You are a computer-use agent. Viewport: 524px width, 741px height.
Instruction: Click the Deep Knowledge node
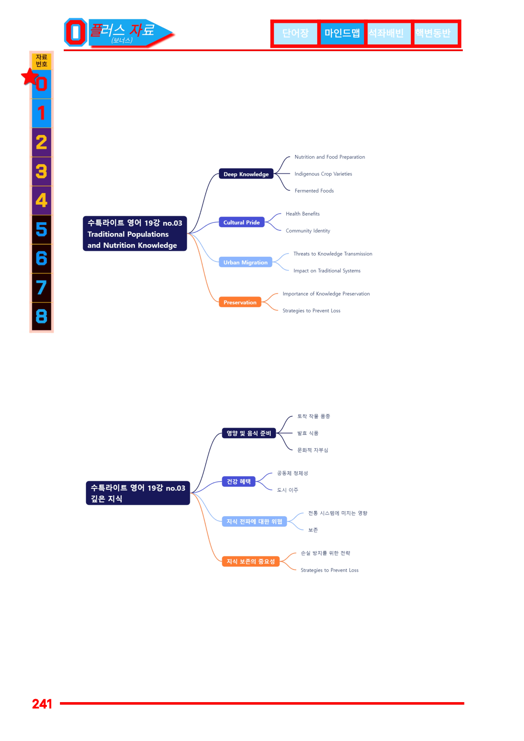click(246, 174)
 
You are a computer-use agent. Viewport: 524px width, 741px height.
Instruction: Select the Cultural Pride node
click(242, 222)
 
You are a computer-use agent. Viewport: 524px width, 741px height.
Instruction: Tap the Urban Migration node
click(245, 262)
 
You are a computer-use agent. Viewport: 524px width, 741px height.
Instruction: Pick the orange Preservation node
click(240, 302)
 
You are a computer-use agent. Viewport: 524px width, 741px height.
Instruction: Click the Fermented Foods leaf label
click(314, 191)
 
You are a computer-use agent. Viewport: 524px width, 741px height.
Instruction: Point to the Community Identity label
click(308, 231)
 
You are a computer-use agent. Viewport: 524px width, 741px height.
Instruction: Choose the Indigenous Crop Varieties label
click(323, 174)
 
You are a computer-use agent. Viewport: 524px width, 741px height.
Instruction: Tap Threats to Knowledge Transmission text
click(333, 254)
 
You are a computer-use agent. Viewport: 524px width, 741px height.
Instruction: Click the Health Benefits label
click(303, 214)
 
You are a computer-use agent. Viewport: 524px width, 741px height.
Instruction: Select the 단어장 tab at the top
click(295, 33)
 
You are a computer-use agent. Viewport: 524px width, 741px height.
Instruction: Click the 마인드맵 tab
click(342, 33)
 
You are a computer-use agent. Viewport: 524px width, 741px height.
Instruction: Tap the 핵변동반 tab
click(434, 33)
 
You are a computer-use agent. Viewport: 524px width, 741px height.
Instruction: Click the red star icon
click(30, 77)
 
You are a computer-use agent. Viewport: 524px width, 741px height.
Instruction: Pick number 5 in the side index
click(41, 229)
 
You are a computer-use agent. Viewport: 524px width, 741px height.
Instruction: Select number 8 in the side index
click(41, 316)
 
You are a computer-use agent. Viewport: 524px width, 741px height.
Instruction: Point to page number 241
click(42, 704)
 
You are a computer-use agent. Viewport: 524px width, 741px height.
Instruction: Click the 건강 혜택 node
click(239, 482)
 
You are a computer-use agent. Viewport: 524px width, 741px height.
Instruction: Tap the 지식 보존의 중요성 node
click(251, 561)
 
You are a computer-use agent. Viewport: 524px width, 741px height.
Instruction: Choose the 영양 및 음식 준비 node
click(249, 433)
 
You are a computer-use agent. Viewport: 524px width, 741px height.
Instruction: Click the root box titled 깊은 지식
click(138, 493)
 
